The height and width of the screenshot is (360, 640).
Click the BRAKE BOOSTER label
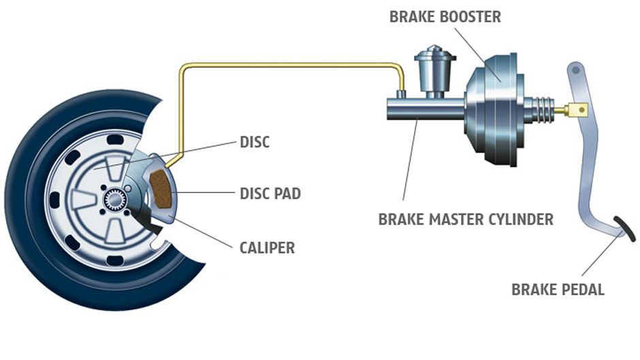445,17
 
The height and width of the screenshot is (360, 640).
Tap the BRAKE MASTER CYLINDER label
466,219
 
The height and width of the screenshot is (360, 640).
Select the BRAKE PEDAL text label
558,289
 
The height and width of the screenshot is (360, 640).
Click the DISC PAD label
270,193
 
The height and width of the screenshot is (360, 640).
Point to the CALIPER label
267,248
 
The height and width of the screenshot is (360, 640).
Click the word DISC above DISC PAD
255,142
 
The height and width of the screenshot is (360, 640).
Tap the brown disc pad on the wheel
161,189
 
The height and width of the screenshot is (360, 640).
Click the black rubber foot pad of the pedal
625,229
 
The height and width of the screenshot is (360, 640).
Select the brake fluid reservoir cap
435,54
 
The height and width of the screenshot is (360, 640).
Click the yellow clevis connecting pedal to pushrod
577,110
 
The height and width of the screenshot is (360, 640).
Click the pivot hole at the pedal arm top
575,70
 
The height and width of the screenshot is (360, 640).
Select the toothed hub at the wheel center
114,199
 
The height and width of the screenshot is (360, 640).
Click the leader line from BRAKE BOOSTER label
477,54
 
